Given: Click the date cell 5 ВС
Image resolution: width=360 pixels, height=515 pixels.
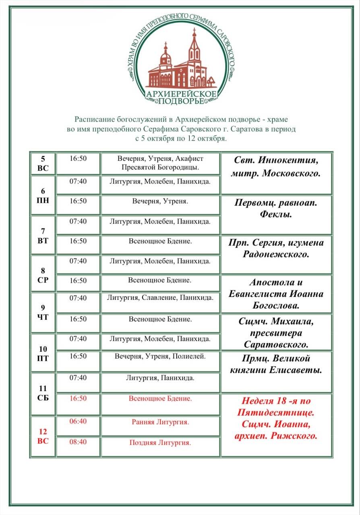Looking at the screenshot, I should coord(43,163).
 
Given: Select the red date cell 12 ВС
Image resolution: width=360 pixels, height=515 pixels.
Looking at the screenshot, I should coord(43,436).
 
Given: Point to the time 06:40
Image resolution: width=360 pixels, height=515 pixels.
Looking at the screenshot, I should coord(78,422).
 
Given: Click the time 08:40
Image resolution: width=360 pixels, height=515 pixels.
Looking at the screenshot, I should coord(78,442).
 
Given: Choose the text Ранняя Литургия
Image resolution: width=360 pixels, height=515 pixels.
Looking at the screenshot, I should coord(160,422).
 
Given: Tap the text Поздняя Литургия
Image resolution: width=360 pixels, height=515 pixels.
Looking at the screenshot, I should coord(160,443).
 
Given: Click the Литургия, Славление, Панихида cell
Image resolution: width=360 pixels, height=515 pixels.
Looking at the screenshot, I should coord(160,298).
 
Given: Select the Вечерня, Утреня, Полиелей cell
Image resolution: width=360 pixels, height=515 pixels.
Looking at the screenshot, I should coord(160,356).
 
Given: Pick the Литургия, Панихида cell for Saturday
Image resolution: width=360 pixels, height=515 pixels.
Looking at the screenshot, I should coord(160,378).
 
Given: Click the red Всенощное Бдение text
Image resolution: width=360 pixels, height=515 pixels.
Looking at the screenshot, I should coord(160,399).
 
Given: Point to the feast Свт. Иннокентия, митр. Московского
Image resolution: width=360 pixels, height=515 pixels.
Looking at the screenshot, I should coord(276,167).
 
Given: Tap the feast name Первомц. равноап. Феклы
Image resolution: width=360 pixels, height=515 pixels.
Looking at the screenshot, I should coord(276,208).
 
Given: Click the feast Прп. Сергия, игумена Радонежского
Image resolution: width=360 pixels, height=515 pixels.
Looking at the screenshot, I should coord(276,248).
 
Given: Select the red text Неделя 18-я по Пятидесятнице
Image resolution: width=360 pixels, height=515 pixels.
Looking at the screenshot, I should coord(276,407).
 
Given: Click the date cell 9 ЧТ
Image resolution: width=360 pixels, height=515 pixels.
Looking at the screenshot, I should coord(43,313).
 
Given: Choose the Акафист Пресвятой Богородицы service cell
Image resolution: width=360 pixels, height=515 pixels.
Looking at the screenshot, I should coord(160,163).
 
